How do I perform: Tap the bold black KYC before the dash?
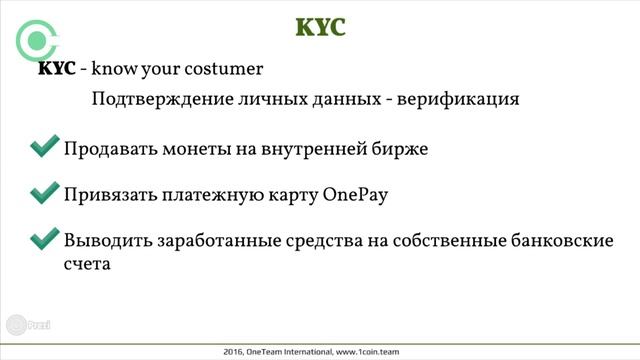(55, 70)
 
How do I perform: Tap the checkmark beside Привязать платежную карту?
(44, 193)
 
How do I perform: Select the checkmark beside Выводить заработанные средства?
(44, 239)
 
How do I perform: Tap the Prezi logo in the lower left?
(28, 326)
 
